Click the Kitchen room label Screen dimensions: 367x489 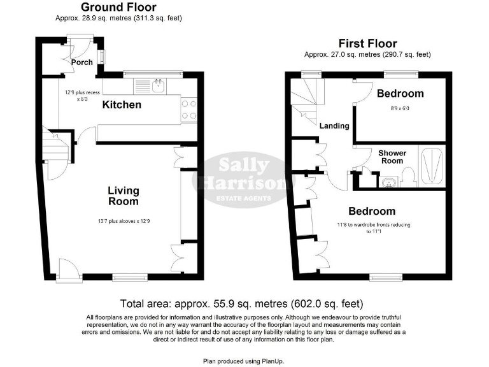(122, 104)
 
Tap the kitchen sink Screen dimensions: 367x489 (158, 85)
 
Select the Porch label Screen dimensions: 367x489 (81, 62)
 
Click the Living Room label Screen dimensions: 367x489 (123, 196)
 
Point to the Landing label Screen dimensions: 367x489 (334, 126)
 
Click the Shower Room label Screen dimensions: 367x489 (392, 157)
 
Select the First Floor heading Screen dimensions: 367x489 (367, 43)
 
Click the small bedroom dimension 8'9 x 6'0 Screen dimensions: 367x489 (400, 108)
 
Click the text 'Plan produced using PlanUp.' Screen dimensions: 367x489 (241, 361)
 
